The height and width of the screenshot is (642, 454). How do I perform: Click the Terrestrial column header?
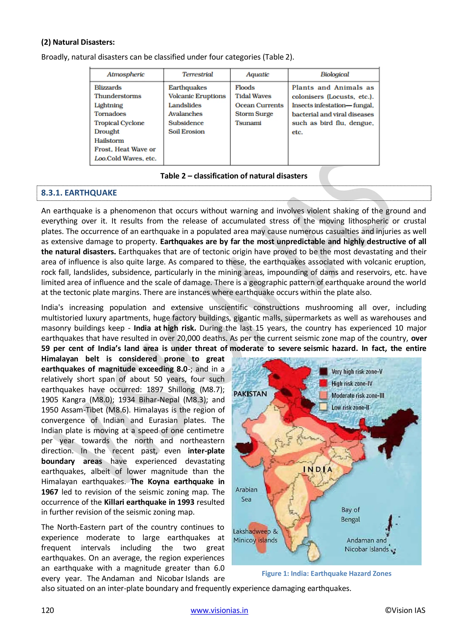(197, 74)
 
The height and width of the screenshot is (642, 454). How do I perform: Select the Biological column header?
(335, 74)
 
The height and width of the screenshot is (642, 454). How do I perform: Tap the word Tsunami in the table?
(248, 123)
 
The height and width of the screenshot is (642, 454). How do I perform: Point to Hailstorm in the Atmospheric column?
(109, 141)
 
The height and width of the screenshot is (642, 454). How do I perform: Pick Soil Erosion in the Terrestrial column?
(186, 132)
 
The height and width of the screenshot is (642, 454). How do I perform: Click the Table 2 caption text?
(234, 176)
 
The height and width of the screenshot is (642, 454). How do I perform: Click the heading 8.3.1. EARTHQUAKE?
(79, 193)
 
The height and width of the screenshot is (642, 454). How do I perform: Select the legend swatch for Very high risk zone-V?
(323, 372)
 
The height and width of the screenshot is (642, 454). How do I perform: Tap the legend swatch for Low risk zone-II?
(323, 407)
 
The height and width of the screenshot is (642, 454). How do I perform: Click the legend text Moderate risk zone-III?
(358, 396)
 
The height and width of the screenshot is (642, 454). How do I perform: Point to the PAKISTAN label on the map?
(250, 394)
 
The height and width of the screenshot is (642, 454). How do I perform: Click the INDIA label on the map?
(318, 469)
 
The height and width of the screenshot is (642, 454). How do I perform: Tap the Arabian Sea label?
(246, 494)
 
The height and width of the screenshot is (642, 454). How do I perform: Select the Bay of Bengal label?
(350, 515)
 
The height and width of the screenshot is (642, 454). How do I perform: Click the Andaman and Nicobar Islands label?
(366, 545)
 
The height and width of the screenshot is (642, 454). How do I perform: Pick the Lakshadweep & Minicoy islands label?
(255, 536)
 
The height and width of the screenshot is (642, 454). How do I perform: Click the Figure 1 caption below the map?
(326, 573)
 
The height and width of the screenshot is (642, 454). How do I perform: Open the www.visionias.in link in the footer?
(219, 610)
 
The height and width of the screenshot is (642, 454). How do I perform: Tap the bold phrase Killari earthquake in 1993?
(149, 502)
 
